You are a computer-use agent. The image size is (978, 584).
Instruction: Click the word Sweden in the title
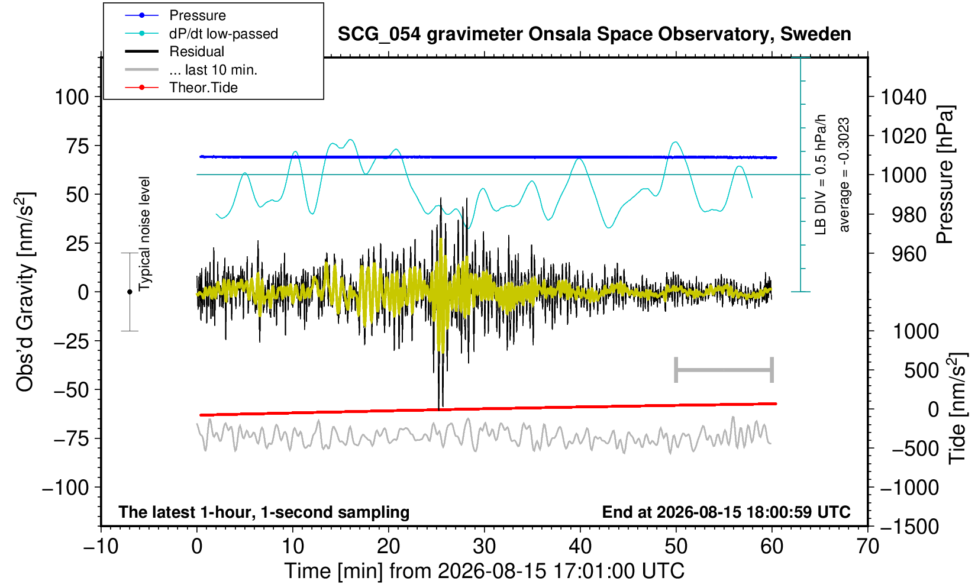(815, 34)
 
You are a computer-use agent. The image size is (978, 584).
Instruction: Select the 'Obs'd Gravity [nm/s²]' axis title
(25, 292)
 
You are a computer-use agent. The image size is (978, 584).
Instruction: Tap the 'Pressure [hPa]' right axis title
(945, 175)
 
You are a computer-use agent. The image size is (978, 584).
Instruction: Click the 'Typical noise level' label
(144, 234)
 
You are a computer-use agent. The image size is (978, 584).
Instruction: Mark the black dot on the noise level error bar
(130, 292)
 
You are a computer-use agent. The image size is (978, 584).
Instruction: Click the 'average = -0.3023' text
(844, 175)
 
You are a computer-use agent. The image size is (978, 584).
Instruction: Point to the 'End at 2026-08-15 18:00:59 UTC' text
(726, 511)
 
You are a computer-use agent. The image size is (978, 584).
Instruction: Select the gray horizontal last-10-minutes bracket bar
(724, 370)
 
